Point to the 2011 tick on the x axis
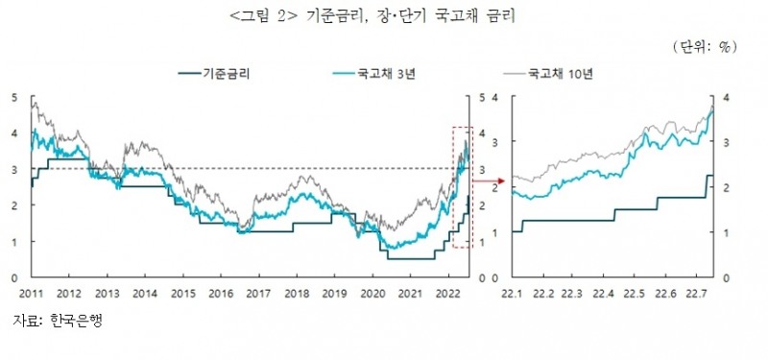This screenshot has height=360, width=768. tap(33, 293)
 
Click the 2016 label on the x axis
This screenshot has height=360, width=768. tap(222, 293)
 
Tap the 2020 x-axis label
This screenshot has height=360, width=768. tap(372, 293)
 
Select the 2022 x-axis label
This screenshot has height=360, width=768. tap(447, 293)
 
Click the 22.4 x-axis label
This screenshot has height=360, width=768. tap(605, 293)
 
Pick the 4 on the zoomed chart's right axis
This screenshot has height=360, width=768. tap(727, 97)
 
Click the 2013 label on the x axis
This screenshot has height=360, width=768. tap(108, 293)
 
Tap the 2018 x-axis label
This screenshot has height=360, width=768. tap(297, 293)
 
